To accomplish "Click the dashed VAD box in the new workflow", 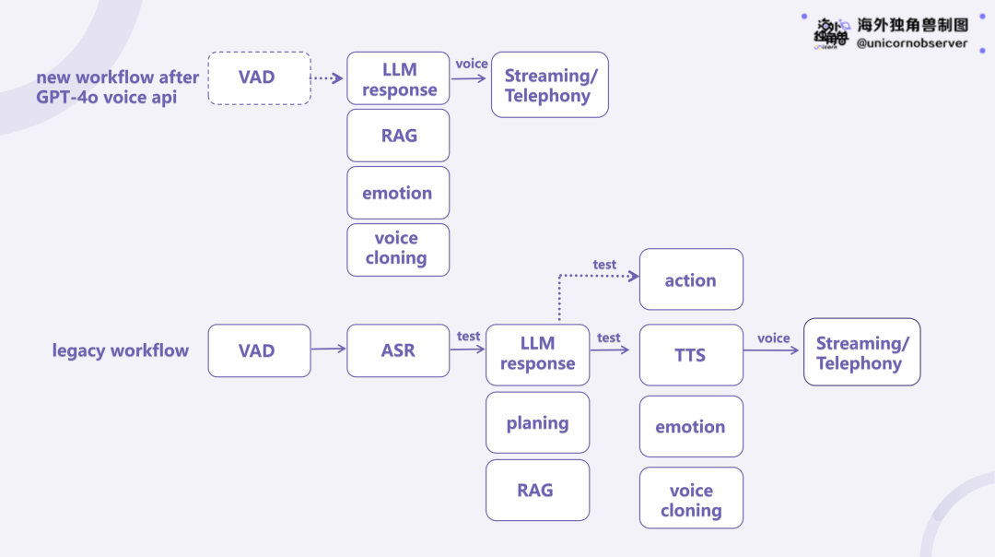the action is [x=260, y=78].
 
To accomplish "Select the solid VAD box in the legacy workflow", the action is [x=260, y=350].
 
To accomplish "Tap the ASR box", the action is [x=398, y=350].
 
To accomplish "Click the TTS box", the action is [x=691, y=355].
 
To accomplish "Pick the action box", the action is [x=691, y=279].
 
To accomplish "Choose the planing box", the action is [x=537, y=422].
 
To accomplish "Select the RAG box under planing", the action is [x=537, y=491].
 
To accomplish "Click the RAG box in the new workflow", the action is [x=398, y=136].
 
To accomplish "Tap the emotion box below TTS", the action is [x=691, y=426].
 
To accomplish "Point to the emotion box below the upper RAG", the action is [x=398, y=193].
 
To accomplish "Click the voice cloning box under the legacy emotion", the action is [x=691, y=498].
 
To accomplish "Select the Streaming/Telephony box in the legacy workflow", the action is [x=861, y=352].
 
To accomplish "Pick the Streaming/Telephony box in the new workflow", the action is [x=549, y=85].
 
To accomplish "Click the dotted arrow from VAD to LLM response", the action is [x=327, y=78].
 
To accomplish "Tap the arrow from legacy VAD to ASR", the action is [x=329, y=348].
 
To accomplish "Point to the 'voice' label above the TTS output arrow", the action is [x=774, y=338].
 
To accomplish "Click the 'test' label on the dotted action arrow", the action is [x=604, y=265].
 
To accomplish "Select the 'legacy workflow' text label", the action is [x=121, y=350].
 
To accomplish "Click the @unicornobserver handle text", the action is [x=912, y=43].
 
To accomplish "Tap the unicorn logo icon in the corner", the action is [x=831, y=34].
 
